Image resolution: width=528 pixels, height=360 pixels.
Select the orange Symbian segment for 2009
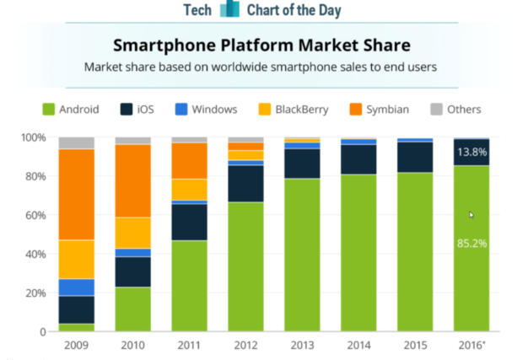point(76,194)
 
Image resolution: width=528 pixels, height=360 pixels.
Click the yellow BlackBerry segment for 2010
point(132,232)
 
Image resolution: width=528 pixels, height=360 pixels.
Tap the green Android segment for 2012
point(245,266)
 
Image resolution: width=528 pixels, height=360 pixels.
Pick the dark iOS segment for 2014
point(358,159)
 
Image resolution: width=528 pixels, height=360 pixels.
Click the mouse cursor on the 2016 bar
point(471,214)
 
